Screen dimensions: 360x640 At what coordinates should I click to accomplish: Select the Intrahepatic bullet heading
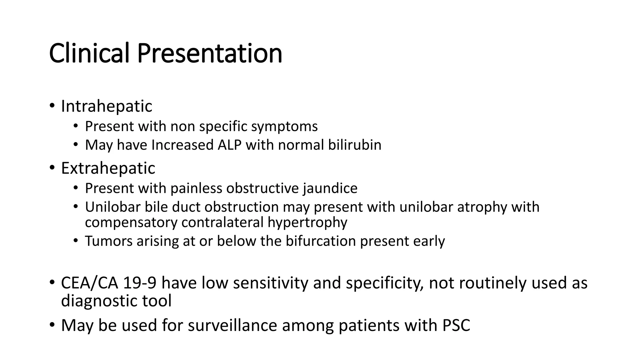[107, 106]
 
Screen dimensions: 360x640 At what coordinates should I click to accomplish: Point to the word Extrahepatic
[108, 168]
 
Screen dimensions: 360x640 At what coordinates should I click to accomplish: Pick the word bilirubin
[355, 145]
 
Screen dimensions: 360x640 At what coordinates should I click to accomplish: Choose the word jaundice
[330, 188]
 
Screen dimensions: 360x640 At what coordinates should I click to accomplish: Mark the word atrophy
[482, 207]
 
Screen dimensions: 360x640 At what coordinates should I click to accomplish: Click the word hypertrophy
[307, 222]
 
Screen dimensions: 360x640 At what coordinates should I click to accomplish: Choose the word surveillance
[232, 325]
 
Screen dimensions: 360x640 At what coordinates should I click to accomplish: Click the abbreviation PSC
[456, 325]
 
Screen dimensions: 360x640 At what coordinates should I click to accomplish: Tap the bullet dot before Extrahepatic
[52, 168]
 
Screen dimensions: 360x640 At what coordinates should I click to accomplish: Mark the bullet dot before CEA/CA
[52, 282]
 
